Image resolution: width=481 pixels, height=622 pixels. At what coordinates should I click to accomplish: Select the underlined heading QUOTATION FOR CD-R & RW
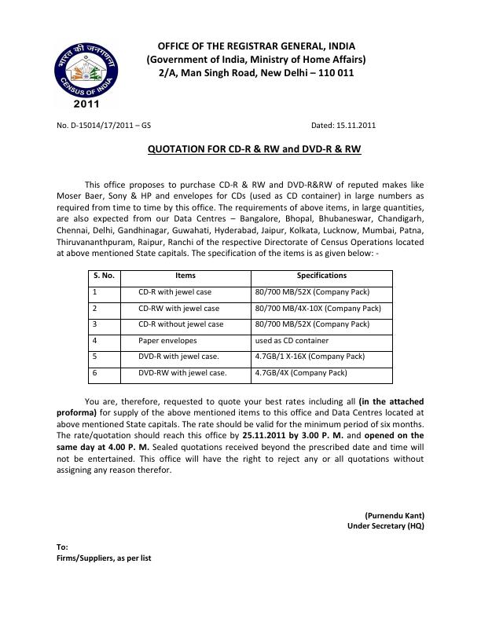click(255, 148)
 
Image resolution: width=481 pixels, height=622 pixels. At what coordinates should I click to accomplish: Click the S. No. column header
click(104, 276)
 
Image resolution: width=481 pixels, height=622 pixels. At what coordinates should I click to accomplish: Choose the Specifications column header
click(321, 276)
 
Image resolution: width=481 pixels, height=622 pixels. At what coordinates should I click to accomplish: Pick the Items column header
click(185, 276)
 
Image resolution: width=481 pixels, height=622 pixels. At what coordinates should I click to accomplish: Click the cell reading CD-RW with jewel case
click(179, 309)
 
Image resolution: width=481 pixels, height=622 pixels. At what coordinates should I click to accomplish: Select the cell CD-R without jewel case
click(181, 324)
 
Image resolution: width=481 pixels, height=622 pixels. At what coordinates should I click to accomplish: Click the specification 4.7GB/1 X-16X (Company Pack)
click(310, 357)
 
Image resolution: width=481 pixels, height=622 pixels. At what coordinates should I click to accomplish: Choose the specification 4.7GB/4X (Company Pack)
click(301, 373)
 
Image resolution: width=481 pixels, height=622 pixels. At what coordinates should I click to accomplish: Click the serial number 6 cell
click(95, 373)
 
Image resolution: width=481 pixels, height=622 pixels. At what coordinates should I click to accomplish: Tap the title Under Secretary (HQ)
click(386, 526)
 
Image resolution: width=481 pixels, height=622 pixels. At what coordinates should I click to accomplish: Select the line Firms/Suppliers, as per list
click(104, 558)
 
